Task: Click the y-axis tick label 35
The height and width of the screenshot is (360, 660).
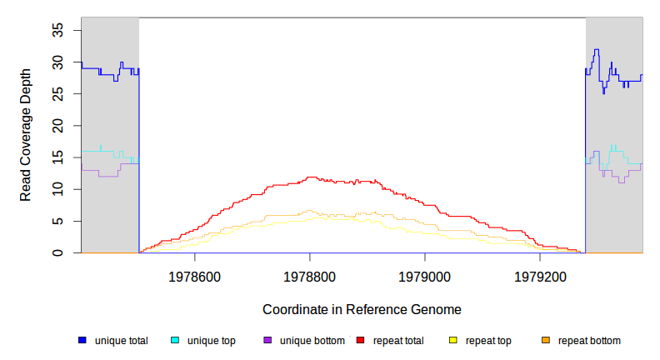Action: tap(58, 30)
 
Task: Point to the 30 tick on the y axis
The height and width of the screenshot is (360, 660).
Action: tap(58, 62)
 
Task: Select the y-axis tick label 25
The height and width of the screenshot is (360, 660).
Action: tap(58, 94)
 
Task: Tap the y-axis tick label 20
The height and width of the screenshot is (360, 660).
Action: tap(58, 126)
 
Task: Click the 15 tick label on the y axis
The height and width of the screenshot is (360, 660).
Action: tap(58, 157)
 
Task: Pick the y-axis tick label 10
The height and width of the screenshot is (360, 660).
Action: tap(58, 189)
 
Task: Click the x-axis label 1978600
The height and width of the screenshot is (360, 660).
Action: tap(195, 276)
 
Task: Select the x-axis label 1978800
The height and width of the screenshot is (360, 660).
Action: tap(310, 276)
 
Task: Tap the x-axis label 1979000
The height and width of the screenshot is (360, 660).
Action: tap(425, 276)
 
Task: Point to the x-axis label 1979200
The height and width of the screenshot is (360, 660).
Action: tap(540, 276)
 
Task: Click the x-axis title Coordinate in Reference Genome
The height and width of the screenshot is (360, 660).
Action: tap(362, 309)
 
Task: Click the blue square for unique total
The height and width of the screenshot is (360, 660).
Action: tap(82, 340)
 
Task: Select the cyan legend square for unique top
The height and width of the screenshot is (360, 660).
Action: tap(175, 340)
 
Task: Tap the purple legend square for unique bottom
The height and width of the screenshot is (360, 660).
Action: tap(267, 340)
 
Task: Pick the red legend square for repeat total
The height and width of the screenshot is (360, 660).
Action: tap(361, 340)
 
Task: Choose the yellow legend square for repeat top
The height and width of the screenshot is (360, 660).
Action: tap(453, 340)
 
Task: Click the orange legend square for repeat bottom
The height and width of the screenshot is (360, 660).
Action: tap(546, 340)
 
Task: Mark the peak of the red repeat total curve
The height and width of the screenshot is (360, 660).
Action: tap(311, 177)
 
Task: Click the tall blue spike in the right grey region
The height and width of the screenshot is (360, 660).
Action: tap(596, 51)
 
